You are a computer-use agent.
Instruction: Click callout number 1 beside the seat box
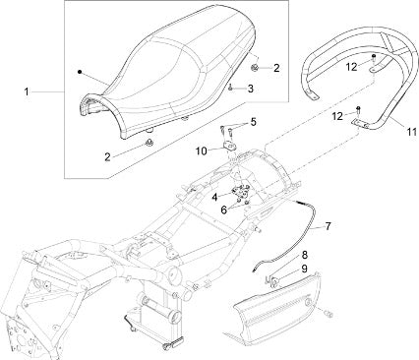(x=27, y=91)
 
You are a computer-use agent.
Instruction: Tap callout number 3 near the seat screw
(x=251, y=89)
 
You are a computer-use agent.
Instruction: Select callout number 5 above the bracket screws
(x=253, y=122)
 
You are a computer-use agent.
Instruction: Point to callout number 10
(x=202, y=151)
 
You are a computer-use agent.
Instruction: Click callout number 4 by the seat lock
(x=214, y=197)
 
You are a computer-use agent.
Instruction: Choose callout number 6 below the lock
(x=224, y=210)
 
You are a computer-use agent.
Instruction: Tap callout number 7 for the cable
(x=328, y=225)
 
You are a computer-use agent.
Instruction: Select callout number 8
(x=305, y=255)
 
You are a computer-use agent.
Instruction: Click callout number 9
(x=305, y=269)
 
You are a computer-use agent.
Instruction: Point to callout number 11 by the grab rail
(x=411, y=132)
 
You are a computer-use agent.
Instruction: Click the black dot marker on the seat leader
(x=80, y=72)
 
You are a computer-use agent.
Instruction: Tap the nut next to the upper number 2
(x=254, y=67)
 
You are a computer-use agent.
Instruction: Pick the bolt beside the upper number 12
(x=374, y=58)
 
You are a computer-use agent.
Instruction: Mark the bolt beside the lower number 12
(x=358, y=109)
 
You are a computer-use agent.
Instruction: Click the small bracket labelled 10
(x=229, y=145)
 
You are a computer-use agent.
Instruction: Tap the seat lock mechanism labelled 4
(x=241, y=190)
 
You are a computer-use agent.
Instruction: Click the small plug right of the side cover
(x=329, y=314)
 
